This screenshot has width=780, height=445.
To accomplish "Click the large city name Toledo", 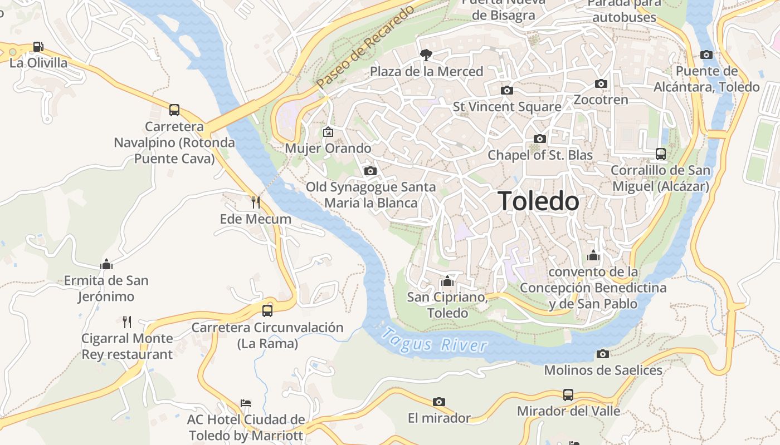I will tap(538, 201).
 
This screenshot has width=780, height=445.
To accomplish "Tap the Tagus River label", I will tap(435, 340).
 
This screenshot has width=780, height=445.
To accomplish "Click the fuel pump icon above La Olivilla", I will tap(38, 47).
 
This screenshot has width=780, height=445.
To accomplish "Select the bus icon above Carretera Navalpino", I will tap(174, 110).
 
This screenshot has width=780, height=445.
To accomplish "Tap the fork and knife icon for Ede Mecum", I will tap(256, 202).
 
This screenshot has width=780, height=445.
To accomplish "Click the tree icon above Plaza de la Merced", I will tap(426, 55).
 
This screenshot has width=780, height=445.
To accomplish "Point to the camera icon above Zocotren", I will tap(601, 84).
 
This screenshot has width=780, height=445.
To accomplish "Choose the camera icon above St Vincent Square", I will tap(506, 90).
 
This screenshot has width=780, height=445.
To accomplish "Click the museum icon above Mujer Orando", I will tap(328, 132).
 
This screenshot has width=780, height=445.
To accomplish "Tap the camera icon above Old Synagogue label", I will tap(370, 171).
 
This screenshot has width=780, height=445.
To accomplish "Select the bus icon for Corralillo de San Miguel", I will tap(661, 154).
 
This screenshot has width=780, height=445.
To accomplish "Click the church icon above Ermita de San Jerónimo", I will tap(106, 264).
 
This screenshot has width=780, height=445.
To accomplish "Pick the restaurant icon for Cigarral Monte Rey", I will tap(127, 322).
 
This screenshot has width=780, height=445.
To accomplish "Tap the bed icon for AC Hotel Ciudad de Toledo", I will tap(246, 403).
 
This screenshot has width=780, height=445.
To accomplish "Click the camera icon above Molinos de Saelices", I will tap(602, 354).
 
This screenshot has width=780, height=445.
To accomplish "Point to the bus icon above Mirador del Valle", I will tap(568, 395).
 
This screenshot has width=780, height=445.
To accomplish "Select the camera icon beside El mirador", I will tap(439, 402).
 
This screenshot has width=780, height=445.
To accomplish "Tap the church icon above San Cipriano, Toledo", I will tap(447, 281).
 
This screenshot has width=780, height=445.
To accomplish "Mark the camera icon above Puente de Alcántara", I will tap(706, 55).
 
